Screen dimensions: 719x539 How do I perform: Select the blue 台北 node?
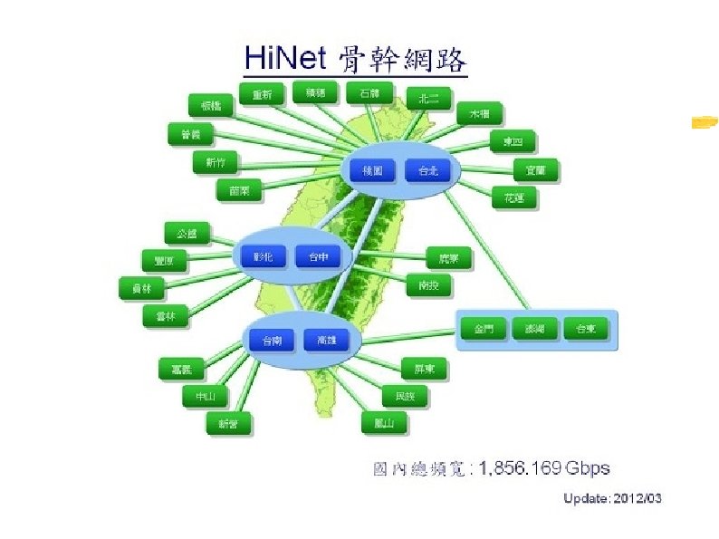[x=427, y=170]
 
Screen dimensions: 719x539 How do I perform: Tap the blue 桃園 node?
[x=372, y=170]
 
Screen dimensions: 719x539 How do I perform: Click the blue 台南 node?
[x=272, y=341]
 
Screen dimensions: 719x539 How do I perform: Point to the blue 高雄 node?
[x=326, y=341]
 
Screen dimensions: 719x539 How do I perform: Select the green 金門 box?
[x=484, y=329]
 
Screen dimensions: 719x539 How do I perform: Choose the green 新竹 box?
[x=216, y=162]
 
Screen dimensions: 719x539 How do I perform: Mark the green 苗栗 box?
[x=239, y=190]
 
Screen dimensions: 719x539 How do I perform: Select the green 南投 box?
[x=428, y=284]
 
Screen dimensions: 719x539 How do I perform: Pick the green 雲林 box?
[x=165, y=316]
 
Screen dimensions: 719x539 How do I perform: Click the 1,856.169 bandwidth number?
[x=520, y=468]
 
